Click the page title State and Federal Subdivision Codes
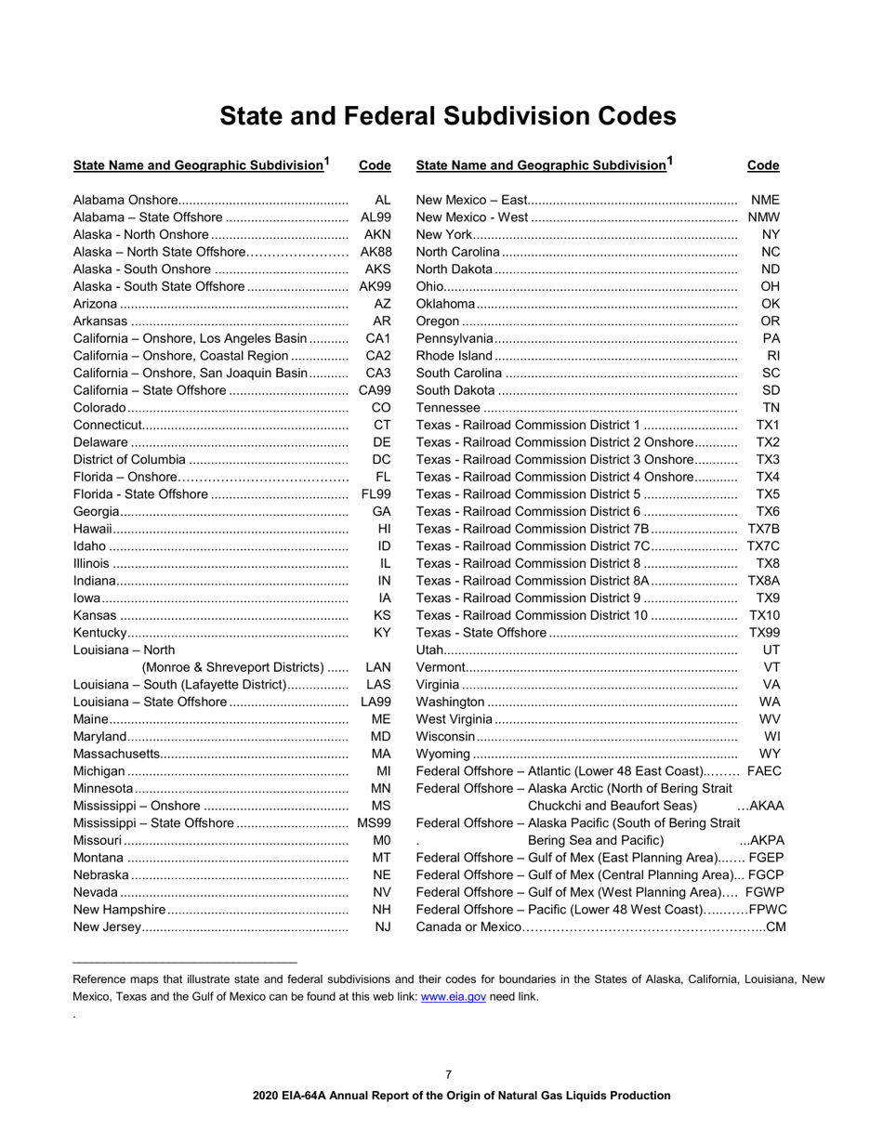pos(447,116)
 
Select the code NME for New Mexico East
pos(765,200)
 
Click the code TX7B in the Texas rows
pos(763,529)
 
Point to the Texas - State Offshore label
pos(481,633)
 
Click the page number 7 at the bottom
pos(448,1074)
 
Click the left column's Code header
pos(375,166)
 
